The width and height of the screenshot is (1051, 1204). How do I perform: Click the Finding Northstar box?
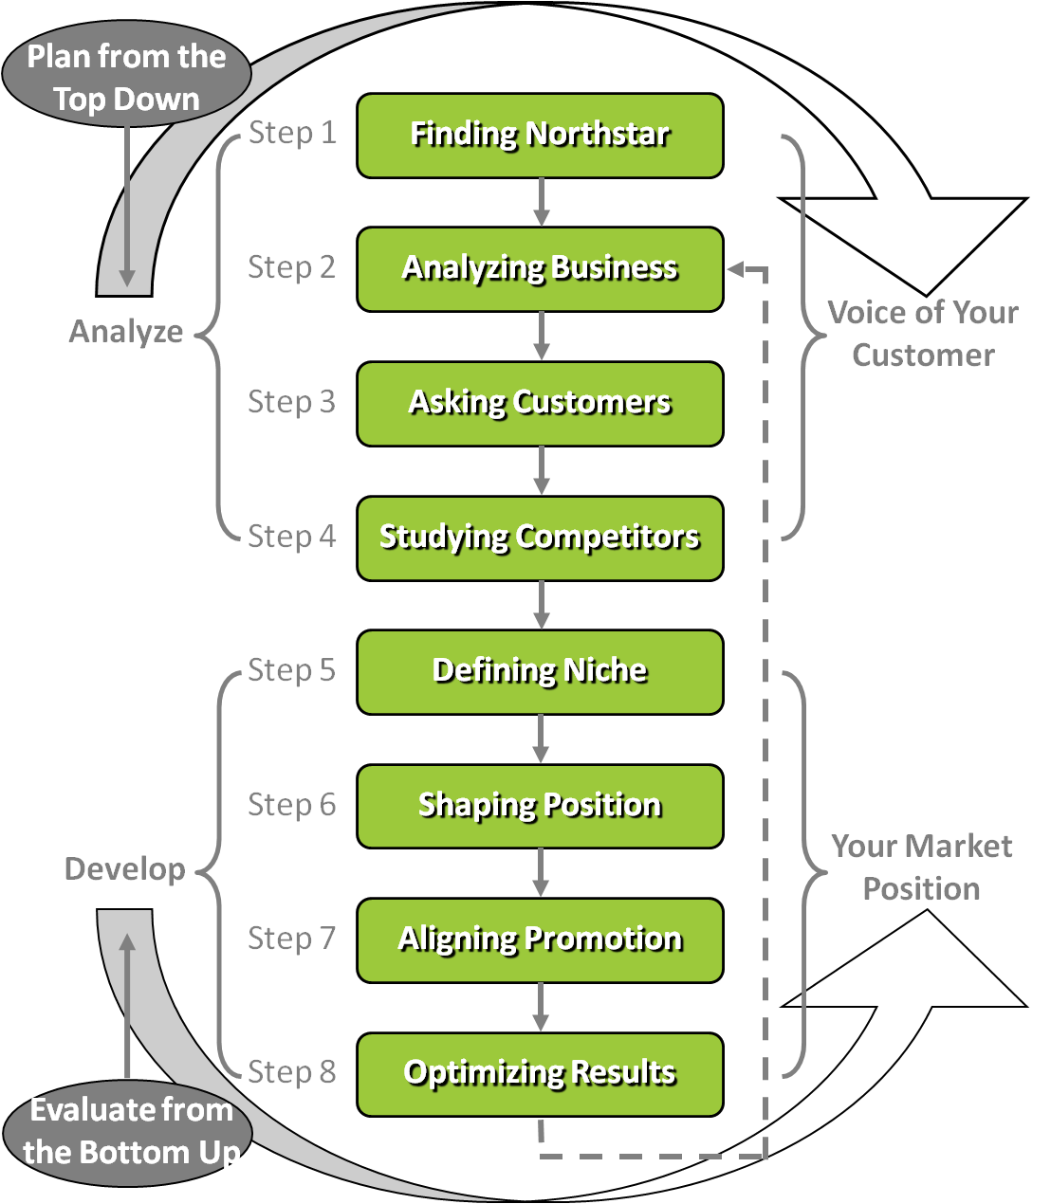pyautogui.click(x=540, y=136)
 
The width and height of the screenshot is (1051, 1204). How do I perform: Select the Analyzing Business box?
pyautogui.click(x=540, y=269)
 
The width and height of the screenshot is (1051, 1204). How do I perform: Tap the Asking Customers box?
pyautogui.click(x=540, y=404)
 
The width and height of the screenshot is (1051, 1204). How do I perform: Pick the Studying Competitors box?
pyautogui.click(x=540, y=538)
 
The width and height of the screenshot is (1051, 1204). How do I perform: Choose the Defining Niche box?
pyautogui.click(x=540, y=672)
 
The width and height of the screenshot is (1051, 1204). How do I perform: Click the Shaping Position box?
pyautogui.click(x=540, y=806)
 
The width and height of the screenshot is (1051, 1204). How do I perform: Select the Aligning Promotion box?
pyautogui.click(x=540, y=940)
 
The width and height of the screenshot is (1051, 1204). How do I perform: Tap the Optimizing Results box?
pyautogui.click(x=540, y=1074)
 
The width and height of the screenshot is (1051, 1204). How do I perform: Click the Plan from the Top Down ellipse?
pyautogui.click(x=126, y=74)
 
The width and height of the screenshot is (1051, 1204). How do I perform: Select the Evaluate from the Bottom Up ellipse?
pyautogui.click(x=128, y=1133)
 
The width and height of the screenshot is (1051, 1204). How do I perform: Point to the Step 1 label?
pyautogui.click(x=292, y=133)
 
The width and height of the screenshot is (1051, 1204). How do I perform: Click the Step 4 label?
pyautogui.click(x=292, y=537)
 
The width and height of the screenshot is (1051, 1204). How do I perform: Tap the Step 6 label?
pyautogui.click(x=292, y=805)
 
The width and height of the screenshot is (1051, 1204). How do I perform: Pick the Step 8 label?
pyautogui.click(x=292, y=1071)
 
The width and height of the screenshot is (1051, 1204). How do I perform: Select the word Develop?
pyautogui.click(x=125, y=869)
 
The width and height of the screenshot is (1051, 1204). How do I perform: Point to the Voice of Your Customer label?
pyautogui.click(x=923, y=335)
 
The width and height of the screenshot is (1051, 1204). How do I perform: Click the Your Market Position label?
pyautogui.click(x=922, y=867)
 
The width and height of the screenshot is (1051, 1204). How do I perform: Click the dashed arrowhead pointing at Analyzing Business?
pyautogui.click(x=736, y=269)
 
